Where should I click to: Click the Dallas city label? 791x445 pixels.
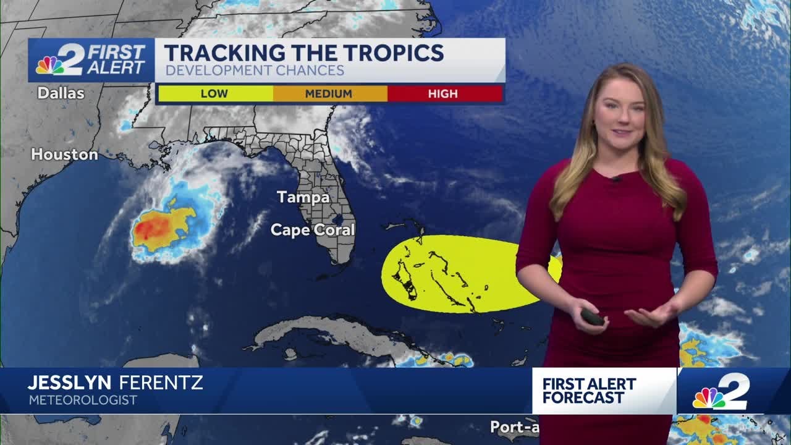coord(61,93)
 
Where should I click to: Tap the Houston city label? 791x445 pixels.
coord(64,155)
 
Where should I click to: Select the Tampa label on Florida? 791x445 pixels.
coord(303,197)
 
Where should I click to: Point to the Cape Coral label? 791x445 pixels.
coord(313,230)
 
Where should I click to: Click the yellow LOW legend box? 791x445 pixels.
coord(214,94)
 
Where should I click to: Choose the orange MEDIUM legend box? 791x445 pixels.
coord(329,94)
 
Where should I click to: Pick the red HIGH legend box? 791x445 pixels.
coord(444,94)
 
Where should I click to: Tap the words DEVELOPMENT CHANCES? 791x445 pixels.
coord(255,71)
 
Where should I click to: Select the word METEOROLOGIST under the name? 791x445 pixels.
coord(83,400)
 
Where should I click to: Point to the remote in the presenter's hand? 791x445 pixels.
coord(593,317)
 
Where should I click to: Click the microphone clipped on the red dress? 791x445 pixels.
coord(616,179)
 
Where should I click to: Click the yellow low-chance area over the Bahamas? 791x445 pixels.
coord(457,272)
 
